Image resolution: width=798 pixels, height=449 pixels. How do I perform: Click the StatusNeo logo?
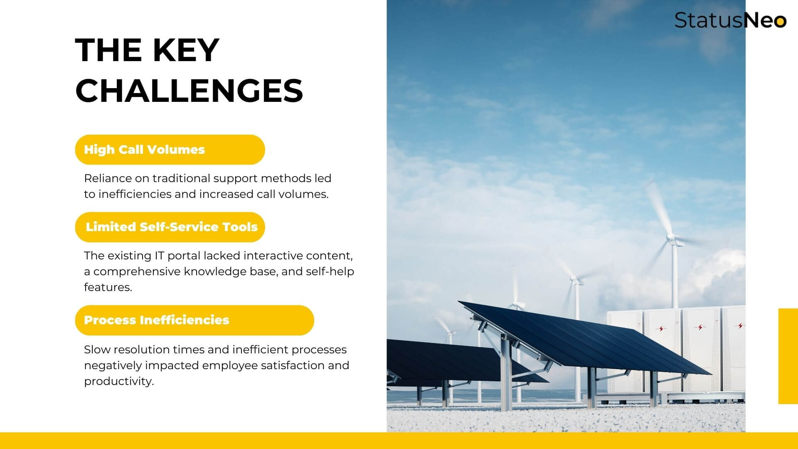point(730,20)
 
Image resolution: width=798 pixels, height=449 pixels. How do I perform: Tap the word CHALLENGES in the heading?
point(189,90)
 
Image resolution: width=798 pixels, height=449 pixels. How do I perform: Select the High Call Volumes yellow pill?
point(170,150)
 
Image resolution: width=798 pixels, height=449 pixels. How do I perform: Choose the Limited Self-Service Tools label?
point(172,227)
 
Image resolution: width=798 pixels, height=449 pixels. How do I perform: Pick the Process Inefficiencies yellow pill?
point(195,320)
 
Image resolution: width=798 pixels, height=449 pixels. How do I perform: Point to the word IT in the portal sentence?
point(160,255)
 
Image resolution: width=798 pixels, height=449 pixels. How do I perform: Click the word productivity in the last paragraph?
point(119,381)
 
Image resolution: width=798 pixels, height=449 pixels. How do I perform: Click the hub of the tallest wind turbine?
point(670,237)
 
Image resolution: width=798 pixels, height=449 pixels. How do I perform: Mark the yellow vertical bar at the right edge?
point(788,356)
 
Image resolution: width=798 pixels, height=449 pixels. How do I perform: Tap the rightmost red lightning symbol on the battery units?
point(739,326)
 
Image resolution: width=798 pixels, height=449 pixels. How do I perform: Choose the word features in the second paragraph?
point(108,287)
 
